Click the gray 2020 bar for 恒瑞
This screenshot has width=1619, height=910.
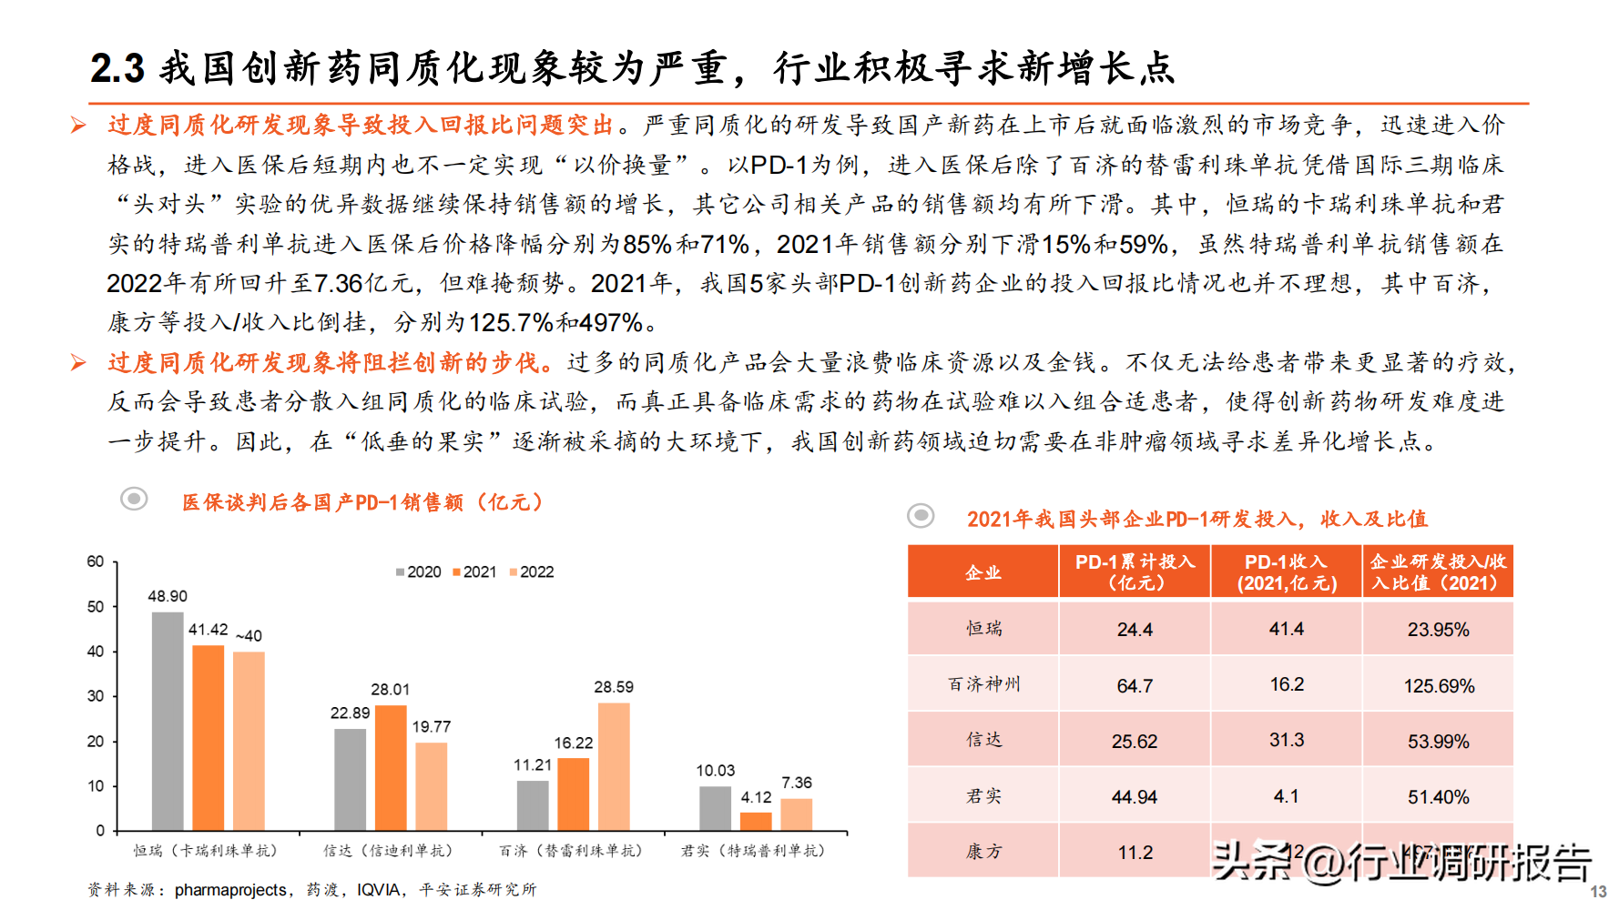[168, 721]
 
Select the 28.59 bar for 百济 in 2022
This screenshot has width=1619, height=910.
[614, 766]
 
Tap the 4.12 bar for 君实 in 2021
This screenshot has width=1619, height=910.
[756, 821]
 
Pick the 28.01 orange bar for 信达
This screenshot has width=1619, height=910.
[391, 767]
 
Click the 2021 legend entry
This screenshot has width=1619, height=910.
[474, 572]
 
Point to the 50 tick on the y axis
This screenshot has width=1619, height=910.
[96, 607]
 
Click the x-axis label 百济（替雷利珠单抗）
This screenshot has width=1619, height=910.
[571, 851]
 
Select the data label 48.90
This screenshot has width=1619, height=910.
[168, 596]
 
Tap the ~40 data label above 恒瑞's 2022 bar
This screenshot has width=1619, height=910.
[249, 636]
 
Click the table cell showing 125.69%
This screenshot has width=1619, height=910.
[1439, 685]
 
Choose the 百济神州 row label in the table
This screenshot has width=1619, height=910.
[983, 684]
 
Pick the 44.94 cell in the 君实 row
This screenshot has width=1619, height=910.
[1135, 797]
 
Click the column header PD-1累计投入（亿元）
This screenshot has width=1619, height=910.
[1135, 572]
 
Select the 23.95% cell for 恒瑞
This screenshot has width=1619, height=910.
[1439, 630]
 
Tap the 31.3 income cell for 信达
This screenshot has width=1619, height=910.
[1287, 741]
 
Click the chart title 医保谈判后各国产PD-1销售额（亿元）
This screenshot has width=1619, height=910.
[362, 502]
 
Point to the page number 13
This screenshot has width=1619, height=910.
[1598, 892]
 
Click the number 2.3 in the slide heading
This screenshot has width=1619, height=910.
[117, 69]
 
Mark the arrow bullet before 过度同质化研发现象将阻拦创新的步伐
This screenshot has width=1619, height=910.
[79, 363]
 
